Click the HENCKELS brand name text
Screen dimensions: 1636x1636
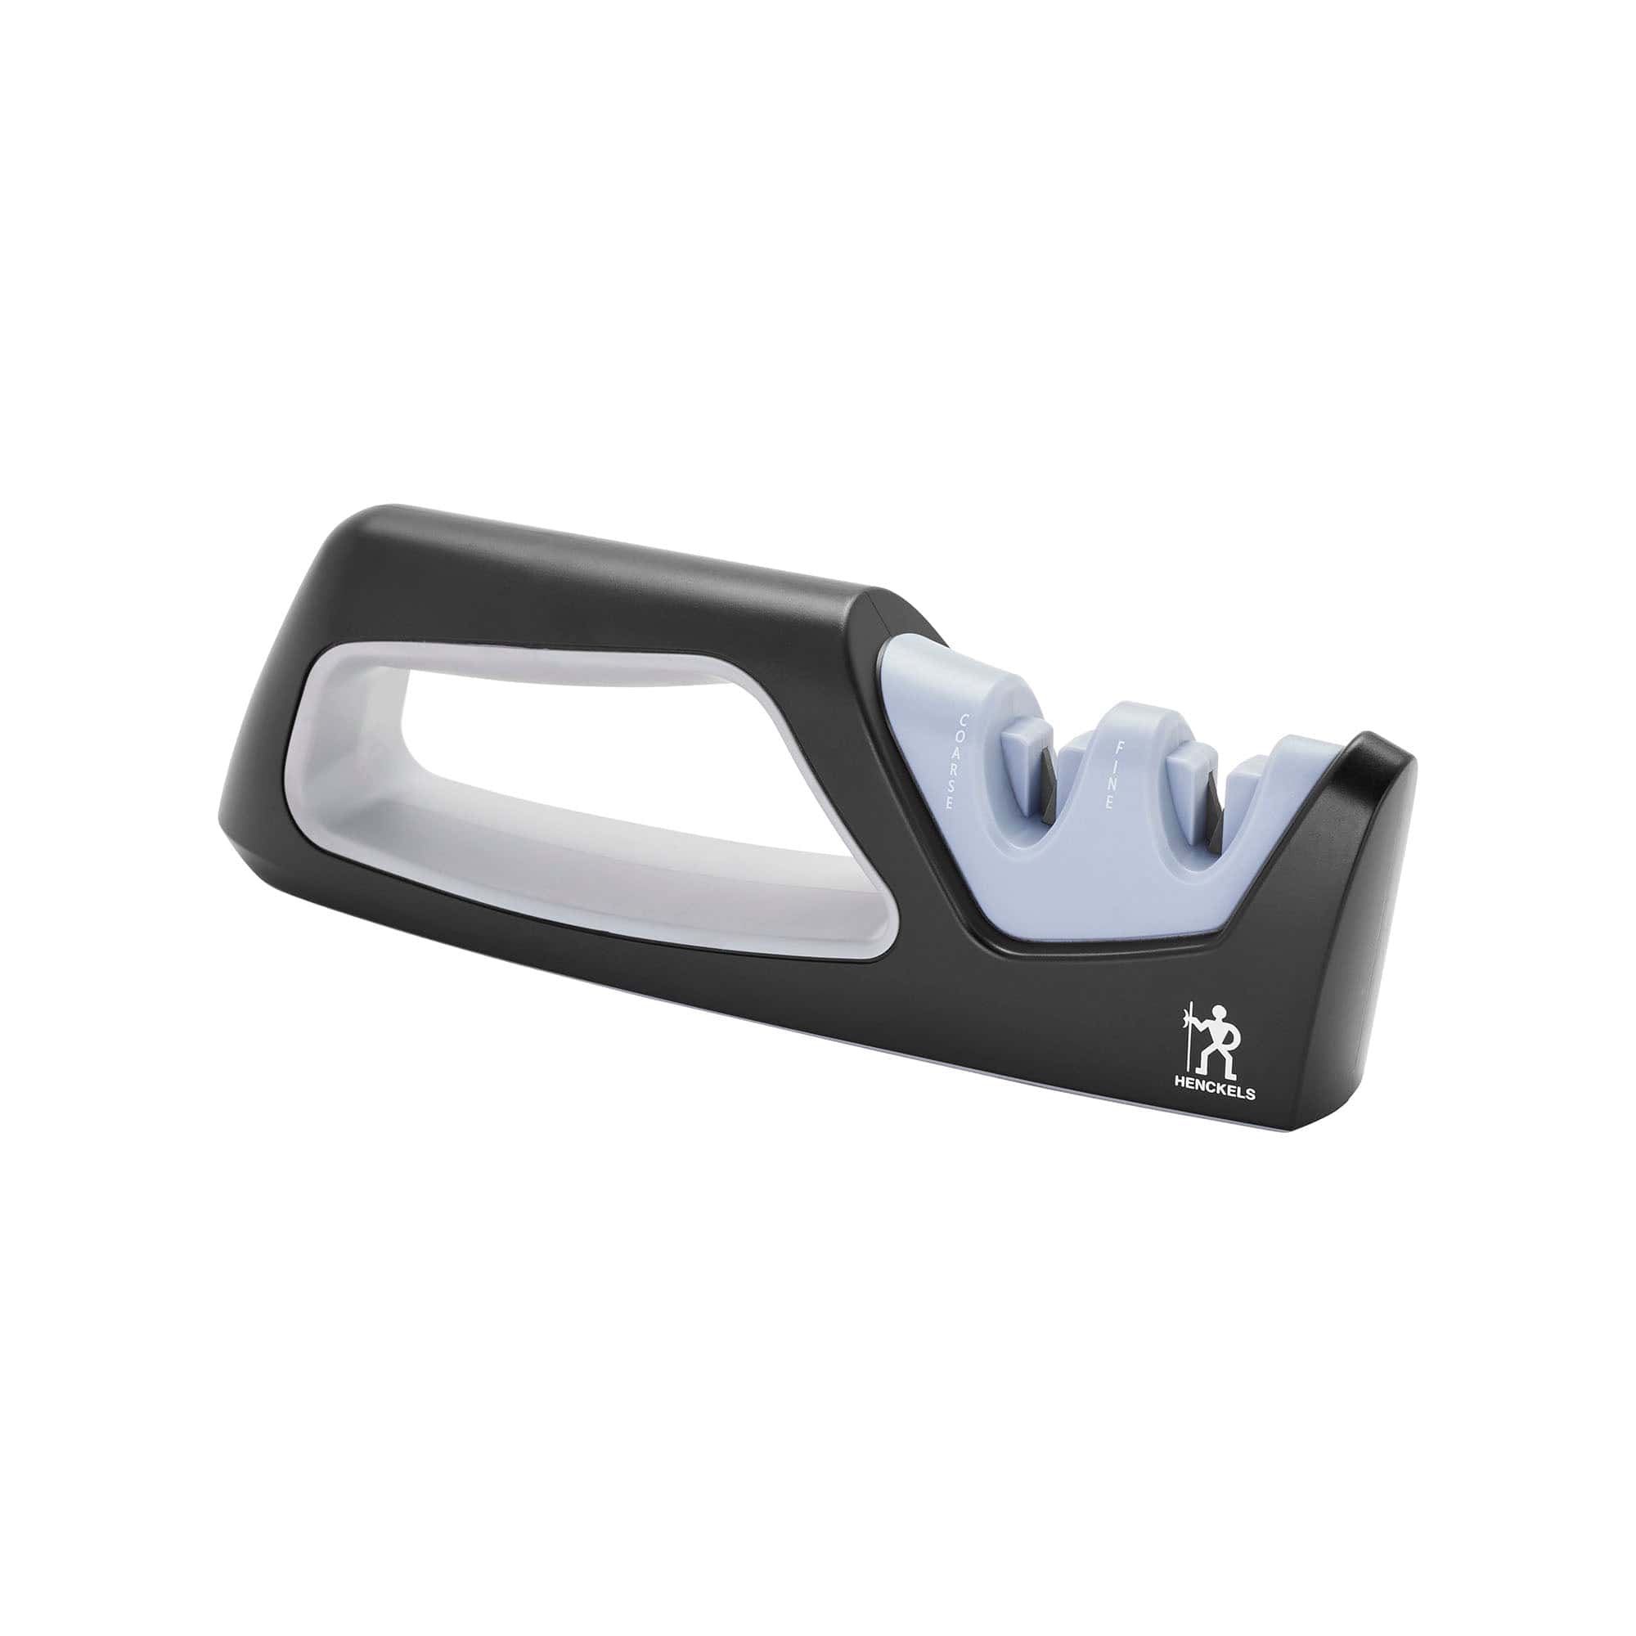click(1214, 1093)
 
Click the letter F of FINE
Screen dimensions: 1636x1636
click(1120, 748)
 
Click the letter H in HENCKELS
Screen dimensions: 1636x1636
click(1178, 1092)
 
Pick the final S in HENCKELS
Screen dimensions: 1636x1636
click(1251, 1094)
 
